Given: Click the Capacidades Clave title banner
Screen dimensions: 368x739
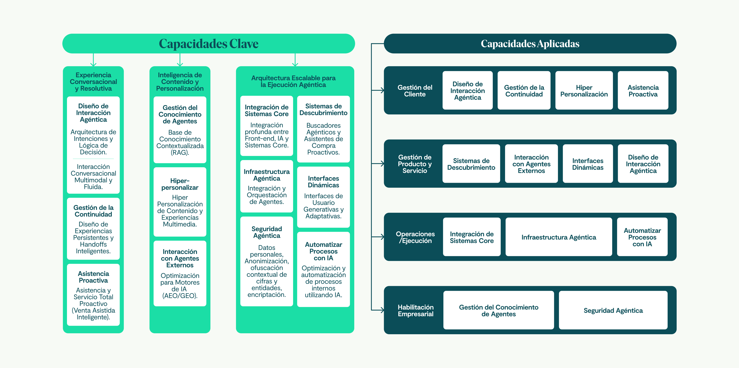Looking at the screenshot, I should (x=209, y=44).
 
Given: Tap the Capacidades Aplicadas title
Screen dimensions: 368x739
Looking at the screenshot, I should (x=530, y=44).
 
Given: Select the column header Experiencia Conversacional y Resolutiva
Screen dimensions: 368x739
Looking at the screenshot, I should (x=93, y=82).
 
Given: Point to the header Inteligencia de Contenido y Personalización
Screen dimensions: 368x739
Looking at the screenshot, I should (x=180, y=82).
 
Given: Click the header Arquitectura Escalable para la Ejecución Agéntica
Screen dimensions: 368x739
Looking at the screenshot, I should (x=293, y=81).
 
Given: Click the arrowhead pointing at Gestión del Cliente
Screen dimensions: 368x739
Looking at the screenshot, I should (x=382, y=90).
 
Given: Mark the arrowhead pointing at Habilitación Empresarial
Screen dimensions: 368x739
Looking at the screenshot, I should (x=382, y=310).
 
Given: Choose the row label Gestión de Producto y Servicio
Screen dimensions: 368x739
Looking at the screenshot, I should (x=415, y=164).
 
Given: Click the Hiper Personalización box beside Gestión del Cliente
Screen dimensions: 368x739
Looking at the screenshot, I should (x=584, y=91).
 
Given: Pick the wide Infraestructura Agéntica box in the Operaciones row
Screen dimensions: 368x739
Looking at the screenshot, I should (x=559, y=237).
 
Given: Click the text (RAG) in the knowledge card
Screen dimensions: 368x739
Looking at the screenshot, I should (x=180, y=153).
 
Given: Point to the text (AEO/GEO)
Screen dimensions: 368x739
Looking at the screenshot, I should (x=180, y=296).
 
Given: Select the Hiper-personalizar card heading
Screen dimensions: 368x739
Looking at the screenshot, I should (x=180, y=184).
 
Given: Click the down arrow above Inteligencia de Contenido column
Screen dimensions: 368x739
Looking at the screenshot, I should (x=180, y=64).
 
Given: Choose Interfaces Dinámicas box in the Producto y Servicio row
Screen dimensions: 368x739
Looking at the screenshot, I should (x=588, y=164).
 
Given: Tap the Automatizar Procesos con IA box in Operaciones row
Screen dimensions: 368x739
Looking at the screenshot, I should (x=642, y=237).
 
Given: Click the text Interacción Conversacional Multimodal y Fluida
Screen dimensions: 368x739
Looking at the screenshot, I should (x=93, y=177).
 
